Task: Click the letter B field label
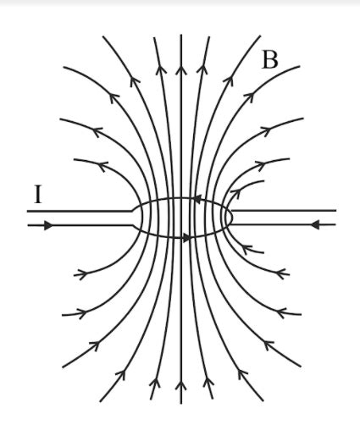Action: click(269, 59)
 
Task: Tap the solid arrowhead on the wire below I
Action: click(47, 226)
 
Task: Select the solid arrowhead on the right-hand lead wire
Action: click(314, 225)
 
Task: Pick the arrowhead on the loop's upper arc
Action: click(196, 200)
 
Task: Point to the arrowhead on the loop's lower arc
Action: click(186, 236)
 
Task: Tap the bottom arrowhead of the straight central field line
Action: click(180, 389)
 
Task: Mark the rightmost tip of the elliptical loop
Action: click(232, 218)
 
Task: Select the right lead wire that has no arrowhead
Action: click(284, 210)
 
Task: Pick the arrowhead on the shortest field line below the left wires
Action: click(82, 273)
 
